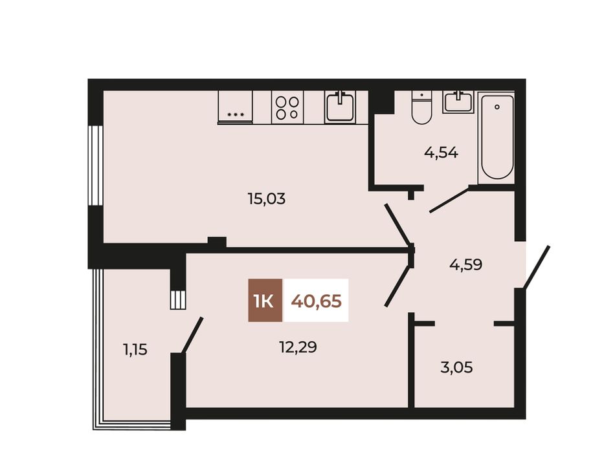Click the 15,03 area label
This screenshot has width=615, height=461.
[266, 199]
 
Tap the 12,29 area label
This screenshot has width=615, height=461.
[298, 347]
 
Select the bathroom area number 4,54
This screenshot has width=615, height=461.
[441, 153]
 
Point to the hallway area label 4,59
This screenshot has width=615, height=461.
[465, 264]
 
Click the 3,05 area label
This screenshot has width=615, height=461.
[456, 367]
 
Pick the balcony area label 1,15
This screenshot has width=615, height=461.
[135, 349]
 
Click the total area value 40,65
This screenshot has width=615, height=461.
[316, 301]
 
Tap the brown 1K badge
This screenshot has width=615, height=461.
[265, 301]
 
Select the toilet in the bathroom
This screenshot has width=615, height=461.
[421, 107]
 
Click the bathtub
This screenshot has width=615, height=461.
[497, 137]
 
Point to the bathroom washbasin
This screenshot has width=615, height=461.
[457, 102]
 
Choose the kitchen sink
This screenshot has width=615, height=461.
[341, 107]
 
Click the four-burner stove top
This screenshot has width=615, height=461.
[287, 108]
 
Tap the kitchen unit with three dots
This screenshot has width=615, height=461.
[236, 108]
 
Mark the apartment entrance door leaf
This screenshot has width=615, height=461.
[536, 267]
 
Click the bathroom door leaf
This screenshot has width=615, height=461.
[449, 200]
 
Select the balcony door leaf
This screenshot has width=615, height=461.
[192, 335]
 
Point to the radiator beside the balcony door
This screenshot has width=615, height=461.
[177, 299]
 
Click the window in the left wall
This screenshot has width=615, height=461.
[95, 165]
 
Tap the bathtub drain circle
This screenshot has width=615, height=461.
[497, 107]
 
